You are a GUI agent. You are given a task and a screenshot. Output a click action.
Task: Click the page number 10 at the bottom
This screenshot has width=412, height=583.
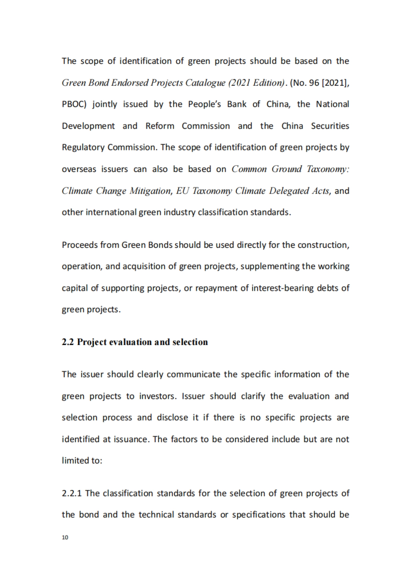65,537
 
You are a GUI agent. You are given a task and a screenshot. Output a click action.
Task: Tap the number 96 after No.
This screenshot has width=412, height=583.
314,83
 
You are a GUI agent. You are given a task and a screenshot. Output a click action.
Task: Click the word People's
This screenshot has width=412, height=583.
205,104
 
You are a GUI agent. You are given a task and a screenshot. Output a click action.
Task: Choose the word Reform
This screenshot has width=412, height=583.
160,126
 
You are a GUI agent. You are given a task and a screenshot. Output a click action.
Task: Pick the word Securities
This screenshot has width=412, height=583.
330,126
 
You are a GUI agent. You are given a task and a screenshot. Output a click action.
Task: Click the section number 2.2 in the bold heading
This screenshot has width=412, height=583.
68,342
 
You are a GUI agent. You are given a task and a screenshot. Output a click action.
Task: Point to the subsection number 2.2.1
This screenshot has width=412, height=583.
72,493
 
